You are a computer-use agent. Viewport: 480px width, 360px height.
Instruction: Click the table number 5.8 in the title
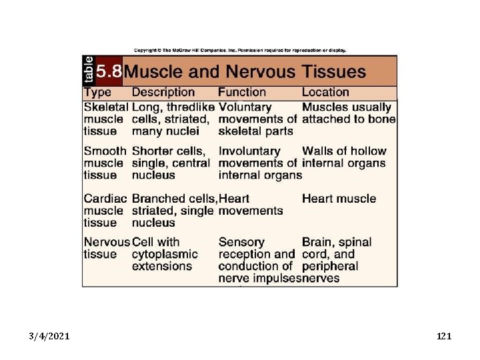(108, 71)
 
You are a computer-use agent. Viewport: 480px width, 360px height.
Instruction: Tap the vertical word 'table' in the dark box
(89, 70)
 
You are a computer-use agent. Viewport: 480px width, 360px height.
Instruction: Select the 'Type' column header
(97, 93)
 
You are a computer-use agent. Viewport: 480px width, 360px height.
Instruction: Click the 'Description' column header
(163, 93)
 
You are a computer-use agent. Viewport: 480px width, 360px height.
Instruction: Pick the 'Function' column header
(242, 93)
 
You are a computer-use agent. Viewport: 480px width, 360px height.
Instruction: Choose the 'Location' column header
(325, 93)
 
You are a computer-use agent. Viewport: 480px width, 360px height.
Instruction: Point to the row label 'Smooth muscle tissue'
(104, 163)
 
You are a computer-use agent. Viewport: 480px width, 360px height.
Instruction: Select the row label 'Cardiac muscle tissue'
(104, 211)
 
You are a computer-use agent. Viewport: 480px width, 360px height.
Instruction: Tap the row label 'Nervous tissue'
(107, 248)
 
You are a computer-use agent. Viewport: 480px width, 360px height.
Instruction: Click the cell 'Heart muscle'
(339, 199)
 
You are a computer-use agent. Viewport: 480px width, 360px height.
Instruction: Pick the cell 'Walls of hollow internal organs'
(344, 157)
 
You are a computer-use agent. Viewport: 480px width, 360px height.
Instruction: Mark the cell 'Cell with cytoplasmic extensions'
(165, 254)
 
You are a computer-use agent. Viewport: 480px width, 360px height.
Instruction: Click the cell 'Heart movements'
(251, 205)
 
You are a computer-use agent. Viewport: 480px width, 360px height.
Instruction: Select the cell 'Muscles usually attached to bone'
(348, 113)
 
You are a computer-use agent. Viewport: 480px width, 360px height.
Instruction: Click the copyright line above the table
(240, 50)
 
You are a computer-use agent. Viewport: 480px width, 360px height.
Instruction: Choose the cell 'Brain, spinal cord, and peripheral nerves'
(337, 260)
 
